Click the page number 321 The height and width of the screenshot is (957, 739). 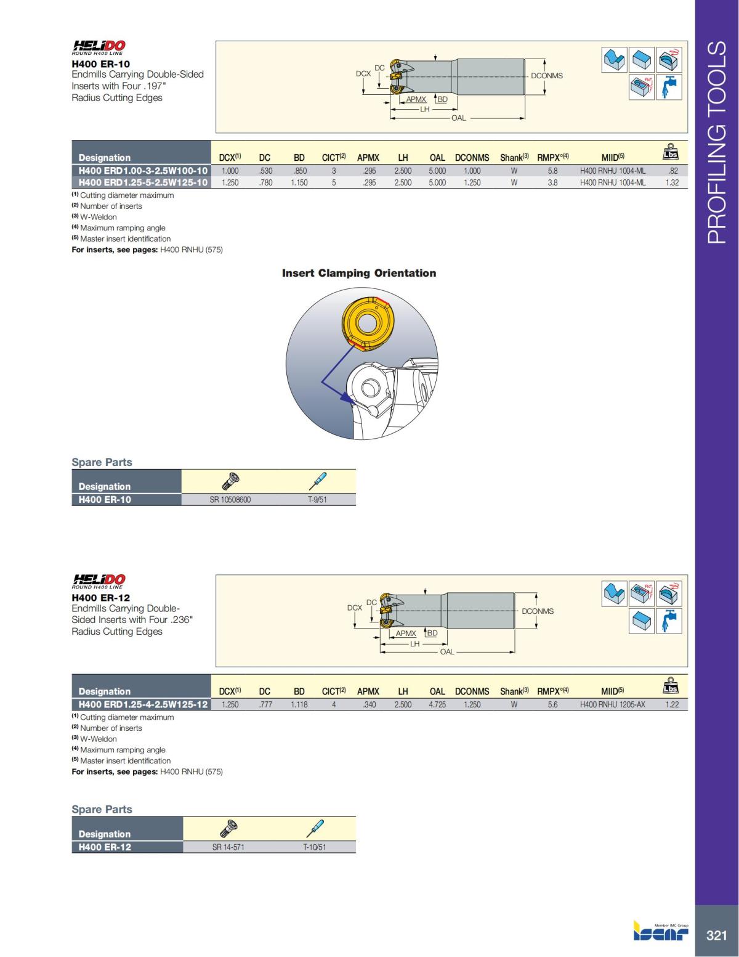[716, 935]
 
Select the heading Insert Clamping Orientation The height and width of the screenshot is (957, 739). [359, 273]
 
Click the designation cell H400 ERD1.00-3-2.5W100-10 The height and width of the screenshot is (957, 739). [142, 171]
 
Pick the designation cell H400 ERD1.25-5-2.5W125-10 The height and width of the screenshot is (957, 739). [142, 182]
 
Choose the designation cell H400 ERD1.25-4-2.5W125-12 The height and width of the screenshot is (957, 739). [142, 704]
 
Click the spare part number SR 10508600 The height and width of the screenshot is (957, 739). [230, 500]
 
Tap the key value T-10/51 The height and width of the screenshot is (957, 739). [315, 847]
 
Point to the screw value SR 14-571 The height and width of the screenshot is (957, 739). [228, 847]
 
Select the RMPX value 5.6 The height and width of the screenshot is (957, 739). [552, 704]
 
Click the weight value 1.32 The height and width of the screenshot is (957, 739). [672, 182]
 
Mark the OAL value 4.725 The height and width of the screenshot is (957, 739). [437, 704]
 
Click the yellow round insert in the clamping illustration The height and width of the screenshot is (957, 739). [363, 324]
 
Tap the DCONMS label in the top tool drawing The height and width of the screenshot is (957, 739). [547, 76]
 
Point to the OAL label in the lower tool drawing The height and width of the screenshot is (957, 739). [447, 651]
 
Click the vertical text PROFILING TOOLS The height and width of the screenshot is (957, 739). [717, 142]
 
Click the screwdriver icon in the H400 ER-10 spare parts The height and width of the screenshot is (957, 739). [318, 481]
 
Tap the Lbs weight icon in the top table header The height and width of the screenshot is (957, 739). [671, 152]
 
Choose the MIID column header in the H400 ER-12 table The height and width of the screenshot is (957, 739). [612, 691]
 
